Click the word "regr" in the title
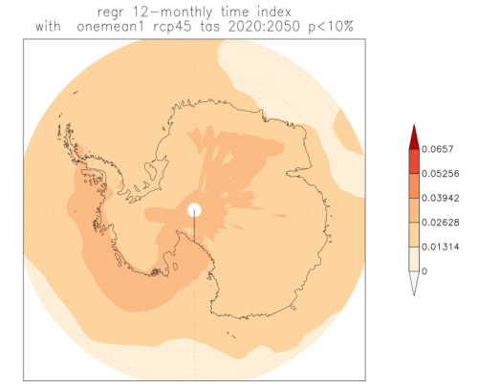click(110, 12)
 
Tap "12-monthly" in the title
click(172, 12)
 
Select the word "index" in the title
click(274, 11)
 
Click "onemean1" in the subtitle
click(111, 27)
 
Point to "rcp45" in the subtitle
click(172, 27)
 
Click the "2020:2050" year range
click(264, 26)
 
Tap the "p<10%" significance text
click(331, 27)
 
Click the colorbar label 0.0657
click(437, 149)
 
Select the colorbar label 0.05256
click(441, 174)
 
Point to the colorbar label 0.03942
click(441, 198)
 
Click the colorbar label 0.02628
click(441, 223)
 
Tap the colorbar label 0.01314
click(441, 247)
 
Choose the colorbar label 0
click(424, 271)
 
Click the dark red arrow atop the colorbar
click(414, 139)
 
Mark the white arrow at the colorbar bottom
click(414, 282)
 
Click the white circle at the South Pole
click(194, 210)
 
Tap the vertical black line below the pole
click(194, 228)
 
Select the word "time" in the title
click(235, 11)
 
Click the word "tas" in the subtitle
click(210, 27)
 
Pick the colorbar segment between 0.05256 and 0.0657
click(414, 162)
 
